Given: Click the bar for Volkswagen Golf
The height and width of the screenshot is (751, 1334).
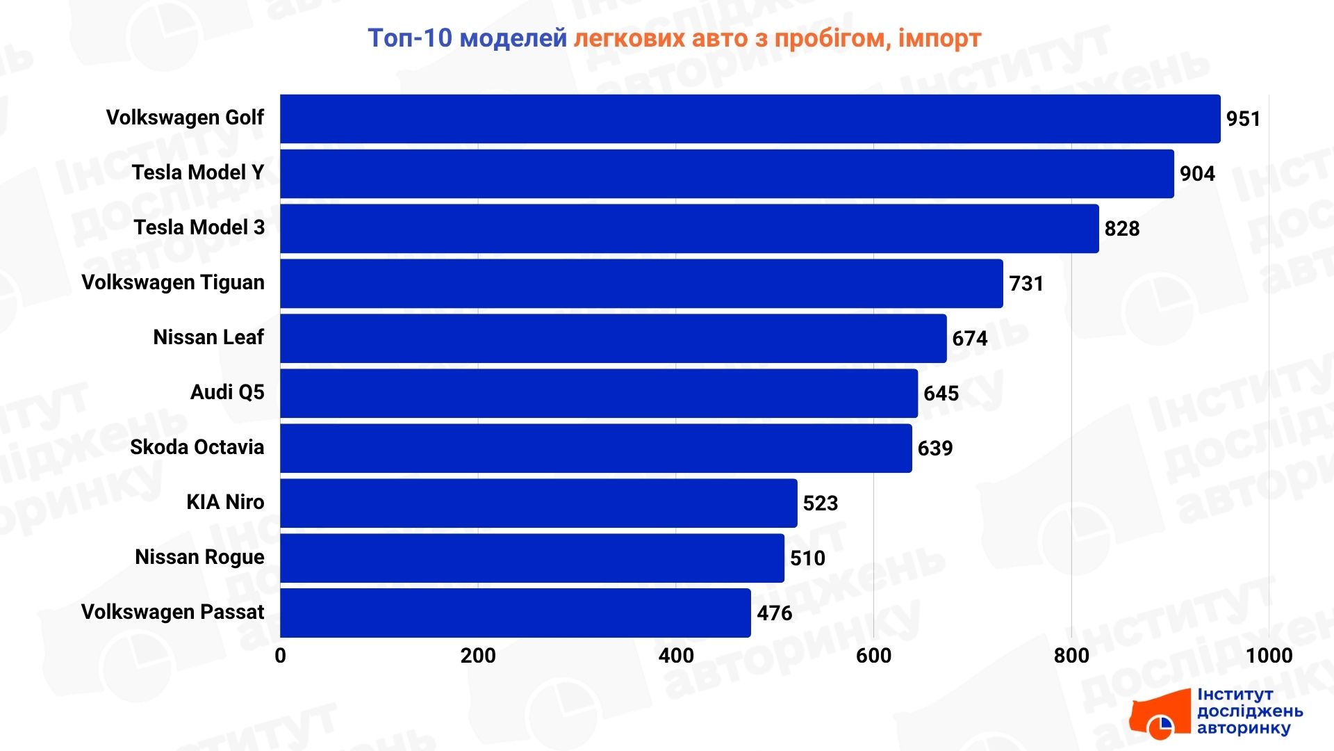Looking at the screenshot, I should [750, 119].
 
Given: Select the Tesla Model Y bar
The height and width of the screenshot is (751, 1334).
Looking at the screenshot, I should [727, 174].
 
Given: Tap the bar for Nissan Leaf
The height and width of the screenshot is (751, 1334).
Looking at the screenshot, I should [613, 339].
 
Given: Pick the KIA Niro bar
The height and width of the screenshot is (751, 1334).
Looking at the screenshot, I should [538, 503].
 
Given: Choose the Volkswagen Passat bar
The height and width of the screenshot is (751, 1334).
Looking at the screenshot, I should [515, 613].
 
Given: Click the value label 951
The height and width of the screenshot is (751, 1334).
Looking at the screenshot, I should [1243, 119].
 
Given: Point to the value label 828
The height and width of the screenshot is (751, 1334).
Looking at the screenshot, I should [1122, 229].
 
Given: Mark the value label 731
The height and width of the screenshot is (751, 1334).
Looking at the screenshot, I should [1026, 284].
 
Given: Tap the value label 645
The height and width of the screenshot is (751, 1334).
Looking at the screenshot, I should [941, 394].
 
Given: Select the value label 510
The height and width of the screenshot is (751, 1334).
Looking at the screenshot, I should [807, 558].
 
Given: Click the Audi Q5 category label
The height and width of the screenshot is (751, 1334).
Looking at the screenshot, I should [227, 392].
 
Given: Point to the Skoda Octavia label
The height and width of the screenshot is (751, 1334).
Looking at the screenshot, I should [197, 447].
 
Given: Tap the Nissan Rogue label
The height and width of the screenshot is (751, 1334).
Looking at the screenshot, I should [199, 557].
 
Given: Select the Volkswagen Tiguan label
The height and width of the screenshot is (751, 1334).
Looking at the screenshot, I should [173, 282].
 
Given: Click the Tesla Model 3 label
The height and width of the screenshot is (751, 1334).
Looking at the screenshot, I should [199, 227].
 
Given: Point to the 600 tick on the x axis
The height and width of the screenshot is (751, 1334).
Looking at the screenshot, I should [873, 656].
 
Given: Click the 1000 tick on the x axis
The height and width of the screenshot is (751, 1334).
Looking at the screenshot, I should [1269, 656].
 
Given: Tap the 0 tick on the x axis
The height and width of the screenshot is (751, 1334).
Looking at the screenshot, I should [280, 656].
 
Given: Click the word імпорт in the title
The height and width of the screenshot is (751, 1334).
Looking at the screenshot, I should [939, 38].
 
